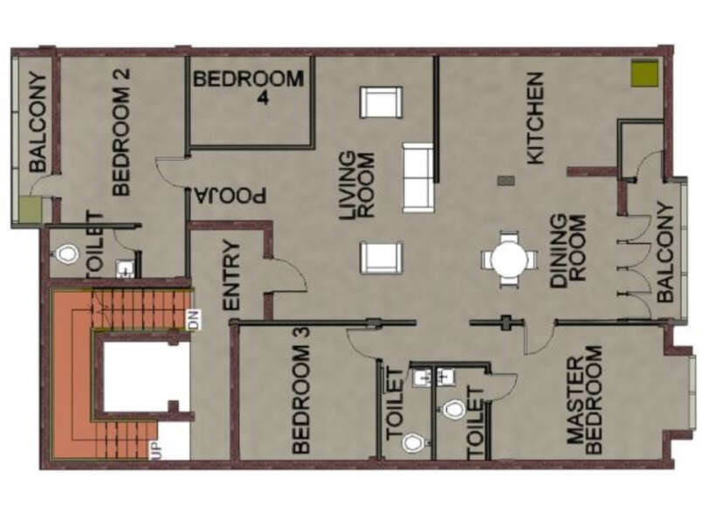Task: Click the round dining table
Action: click(509, 260)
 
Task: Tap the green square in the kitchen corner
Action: click(644, 73)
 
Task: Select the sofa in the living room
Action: click(417, 177)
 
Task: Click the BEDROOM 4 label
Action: click(249, 87)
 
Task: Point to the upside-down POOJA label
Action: click(231, 195)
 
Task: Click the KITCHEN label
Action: click(535, 118)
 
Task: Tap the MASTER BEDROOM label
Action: click(585, 399)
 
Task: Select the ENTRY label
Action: click(231, 275)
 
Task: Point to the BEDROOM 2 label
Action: click(120, 131)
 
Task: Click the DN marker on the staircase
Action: click(195, 319)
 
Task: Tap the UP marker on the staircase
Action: click(155, 450)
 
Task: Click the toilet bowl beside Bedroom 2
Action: click(66, 255)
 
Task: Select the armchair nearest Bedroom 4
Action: click(381, 103)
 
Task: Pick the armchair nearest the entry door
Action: click(381, 258)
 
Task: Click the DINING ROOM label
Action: click(568, 250)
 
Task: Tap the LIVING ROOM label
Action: click(357, 185)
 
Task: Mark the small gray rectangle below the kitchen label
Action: click(506, 181)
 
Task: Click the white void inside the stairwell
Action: click(146, 377)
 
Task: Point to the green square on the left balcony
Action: click(31, 209)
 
